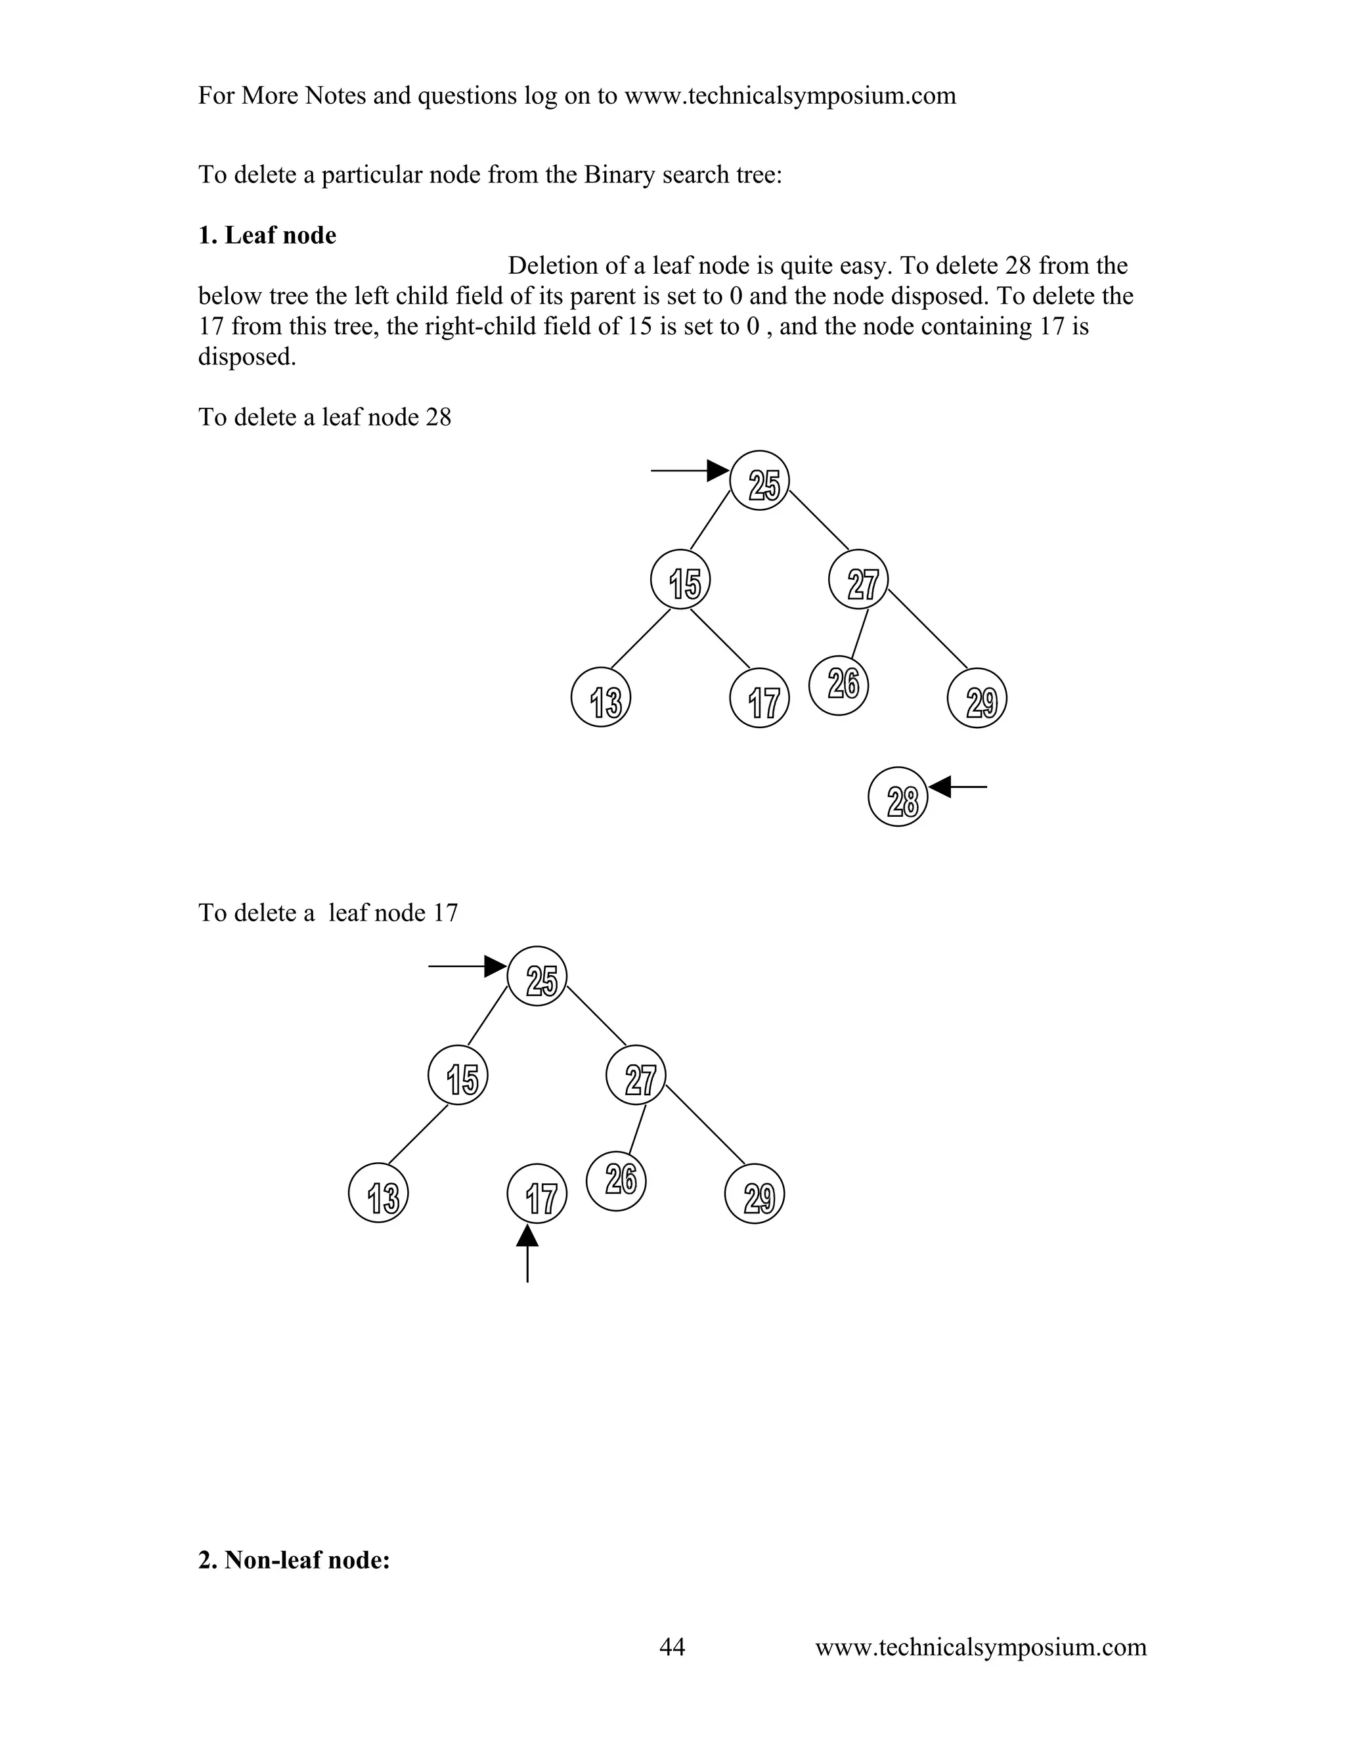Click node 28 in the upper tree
(x=898, y=796)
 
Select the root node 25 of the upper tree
(x=759, y=481)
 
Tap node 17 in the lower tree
(x=537, y=1194)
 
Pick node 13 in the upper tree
(x=602, y=698)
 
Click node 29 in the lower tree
(x=755, y=1194)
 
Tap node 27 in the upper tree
(x=858, y=579)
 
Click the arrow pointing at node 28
(x=959, y=787)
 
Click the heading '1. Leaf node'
(x=267, y=236)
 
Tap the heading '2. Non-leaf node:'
(x=294, y=1560)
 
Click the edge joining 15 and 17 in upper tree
(x=720, y=639)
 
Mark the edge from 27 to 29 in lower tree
(x=705, y=1125)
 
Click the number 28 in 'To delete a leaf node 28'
(x=438, y=418)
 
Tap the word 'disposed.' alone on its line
(x=247, y=357)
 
